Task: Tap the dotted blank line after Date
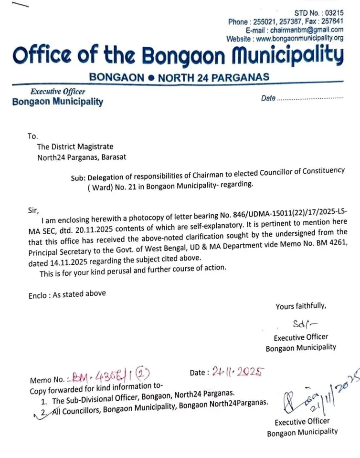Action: tap(310, 99)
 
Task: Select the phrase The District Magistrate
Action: tap(75, 147)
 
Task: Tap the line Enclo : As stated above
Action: tap(67, 294)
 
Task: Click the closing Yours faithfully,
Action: tap(301, 307)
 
